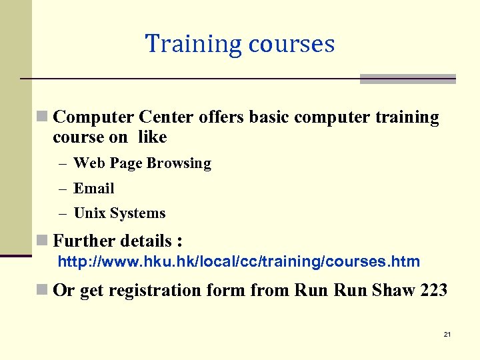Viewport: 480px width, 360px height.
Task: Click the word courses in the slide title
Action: click(x=291, y=44)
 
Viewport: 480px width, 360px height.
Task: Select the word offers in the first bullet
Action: click(x=222, y=118)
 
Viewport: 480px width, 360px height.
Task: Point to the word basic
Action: click(x=270, y=118)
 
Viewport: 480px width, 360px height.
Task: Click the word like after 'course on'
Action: click(x=153, y=137)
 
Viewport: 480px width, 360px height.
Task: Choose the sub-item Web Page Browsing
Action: click(x=142, y=163)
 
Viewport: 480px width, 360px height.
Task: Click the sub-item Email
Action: click(x=94, y=189)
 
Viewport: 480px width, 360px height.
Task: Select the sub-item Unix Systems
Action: click(x=119, y=213)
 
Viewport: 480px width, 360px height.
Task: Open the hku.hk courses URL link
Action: click(x=239, y=261)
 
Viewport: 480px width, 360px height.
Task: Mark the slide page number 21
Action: click(x=447, y=334)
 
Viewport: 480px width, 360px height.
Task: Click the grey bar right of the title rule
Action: click(x=407, y=79)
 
